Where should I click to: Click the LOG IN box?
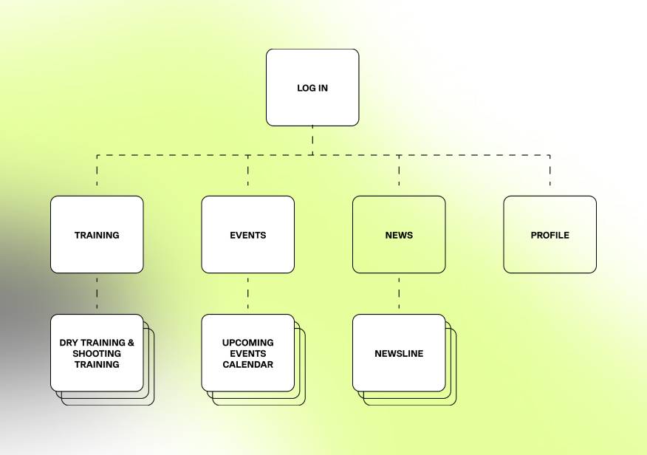pos(312,87)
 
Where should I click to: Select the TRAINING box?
pos(97,234)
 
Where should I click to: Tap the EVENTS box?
pos(248,234)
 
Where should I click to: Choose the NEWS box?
pos(399,234)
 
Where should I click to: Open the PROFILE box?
pos(550,234)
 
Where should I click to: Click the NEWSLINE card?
pos(399,353)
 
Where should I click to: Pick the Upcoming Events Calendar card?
pos(248,353)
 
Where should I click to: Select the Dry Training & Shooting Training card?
pos(97,353)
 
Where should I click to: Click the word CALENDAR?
pos(248,365)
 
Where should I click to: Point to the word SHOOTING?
pos(97,354)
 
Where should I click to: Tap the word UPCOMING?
pos(248,343)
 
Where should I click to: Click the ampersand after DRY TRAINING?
pos(131,343)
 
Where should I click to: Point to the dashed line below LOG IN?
pos(312,140)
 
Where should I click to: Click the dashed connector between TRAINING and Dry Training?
pos(97,294)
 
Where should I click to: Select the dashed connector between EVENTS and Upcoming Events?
pos(248,294)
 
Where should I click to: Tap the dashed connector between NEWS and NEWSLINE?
pos(399,294)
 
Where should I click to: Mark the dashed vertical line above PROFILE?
pos(550,171)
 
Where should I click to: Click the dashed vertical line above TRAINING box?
pos(97,171)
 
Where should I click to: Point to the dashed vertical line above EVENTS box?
pos(248,171)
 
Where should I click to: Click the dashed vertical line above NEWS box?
pos(399,171)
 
